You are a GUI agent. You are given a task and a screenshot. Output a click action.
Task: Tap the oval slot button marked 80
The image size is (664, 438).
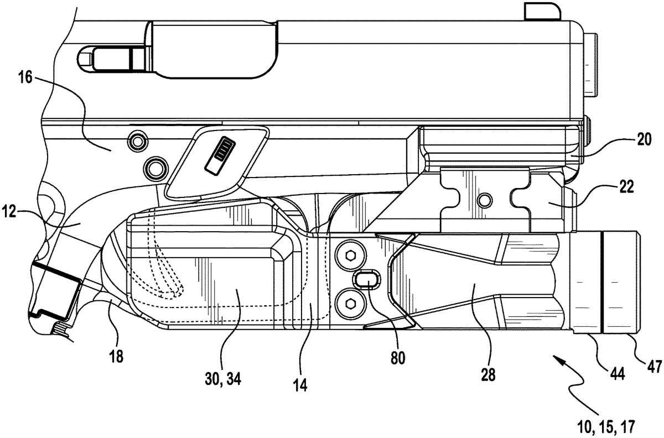click(365, 280)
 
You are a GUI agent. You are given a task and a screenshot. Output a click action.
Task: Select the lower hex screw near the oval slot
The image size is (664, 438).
click(350, 302)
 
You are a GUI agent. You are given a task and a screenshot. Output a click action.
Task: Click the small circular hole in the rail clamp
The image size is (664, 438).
click(486, 199)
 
